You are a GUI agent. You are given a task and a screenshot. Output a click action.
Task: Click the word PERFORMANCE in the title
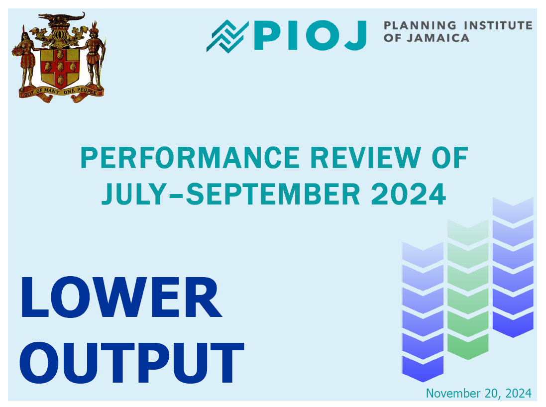190,157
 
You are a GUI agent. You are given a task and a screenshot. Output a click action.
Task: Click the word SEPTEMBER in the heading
273,194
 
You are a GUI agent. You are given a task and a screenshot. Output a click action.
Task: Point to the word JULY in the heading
134,194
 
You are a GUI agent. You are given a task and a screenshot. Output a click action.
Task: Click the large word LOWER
121,297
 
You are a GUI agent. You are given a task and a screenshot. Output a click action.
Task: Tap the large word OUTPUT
131,362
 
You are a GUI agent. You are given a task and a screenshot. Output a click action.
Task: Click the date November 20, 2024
479,393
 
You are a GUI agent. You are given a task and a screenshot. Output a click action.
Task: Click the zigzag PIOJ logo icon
227,36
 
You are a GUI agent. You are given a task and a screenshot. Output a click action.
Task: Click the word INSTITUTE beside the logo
498,25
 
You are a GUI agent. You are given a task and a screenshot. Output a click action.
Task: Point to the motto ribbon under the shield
61,94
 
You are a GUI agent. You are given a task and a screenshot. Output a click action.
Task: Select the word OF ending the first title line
449,157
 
